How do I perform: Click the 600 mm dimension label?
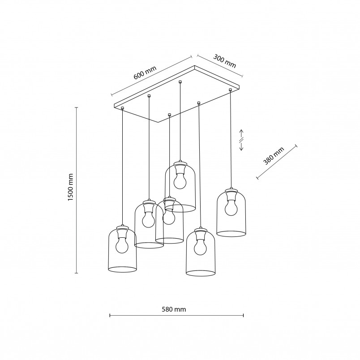145,73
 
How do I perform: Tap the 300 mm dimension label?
224,61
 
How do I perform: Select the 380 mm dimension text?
274,156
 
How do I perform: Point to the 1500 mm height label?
70,187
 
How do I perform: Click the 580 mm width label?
174,309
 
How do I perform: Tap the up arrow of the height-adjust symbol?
241,133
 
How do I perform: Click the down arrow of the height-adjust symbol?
241,147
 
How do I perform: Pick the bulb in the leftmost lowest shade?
122,245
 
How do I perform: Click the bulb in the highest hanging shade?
180,181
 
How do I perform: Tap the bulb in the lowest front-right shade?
201,247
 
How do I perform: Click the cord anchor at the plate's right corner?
230,90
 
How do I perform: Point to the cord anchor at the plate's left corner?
122,108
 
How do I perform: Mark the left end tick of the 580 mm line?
110,316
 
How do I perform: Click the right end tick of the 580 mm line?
243,316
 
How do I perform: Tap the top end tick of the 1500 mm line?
77,107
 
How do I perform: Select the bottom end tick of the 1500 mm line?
77,273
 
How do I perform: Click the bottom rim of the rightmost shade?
231,236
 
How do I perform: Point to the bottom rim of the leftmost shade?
122,272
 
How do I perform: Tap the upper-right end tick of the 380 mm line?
296,146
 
